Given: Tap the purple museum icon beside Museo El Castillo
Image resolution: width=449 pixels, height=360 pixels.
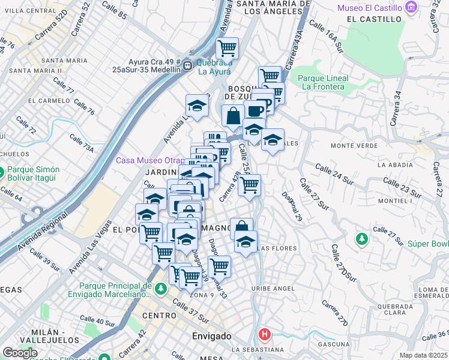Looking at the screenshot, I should (x=411, y=7).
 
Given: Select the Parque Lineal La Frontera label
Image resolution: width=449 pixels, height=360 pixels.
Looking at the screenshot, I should (x=323, y=82).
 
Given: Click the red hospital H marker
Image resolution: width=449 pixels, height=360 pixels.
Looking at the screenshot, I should (x=264, y=334).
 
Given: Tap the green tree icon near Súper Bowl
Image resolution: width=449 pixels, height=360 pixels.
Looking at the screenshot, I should (x=361, y=239).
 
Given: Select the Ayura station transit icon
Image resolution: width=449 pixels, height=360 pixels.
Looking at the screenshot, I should (x=188, y=64).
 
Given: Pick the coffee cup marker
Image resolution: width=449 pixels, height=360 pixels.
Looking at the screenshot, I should (x=255, y=111).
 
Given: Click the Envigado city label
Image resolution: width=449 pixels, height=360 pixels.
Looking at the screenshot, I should (x=211, y=336).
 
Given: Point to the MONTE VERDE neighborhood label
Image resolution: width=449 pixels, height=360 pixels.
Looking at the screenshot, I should (x=352, y=146).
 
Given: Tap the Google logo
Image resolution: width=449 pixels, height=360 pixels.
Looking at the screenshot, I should (x=20, y=353).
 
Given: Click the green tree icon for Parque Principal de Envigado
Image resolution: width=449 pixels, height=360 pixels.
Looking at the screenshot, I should (x=160, y=289).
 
